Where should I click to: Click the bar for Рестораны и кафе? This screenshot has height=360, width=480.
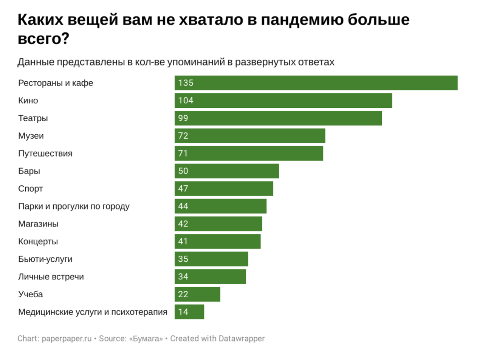pyautogui.click(x=316, y=83)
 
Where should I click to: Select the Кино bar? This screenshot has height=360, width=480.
pyautogui.click(x=283, y=101)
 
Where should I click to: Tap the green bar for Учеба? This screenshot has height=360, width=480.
pyautogui.click(x=197, y=294)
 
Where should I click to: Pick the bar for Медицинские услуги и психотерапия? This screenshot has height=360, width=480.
pyautogui.click(x=189, y=312)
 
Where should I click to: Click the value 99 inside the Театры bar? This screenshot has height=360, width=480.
pyautogui.click(x=183, y=118)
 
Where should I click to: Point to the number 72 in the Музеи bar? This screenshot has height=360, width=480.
pyautogui.click(x=183, y=136)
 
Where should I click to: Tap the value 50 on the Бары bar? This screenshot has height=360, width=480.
pyautogui.click(x=183, y=171)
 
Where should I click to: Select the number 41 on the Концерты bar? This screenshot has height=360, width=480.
pyautogui.click(x=183, y=241)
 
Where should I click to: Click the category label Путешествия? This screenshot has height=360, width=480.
pyautogui.click(x=45, y=154)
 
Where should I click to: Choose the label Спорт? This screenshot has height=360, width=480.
pyautogui.click(x=31, y=189)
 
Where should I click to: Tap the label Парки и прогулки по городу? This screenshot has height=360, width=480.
pyautogui.click(x=74, y=206)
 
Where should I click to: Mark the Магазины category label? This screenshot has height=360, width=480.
pyautogui.click(x=38, y=224)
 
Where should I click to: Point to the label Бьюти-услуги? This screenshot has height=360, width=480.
pyautogui.click(x=45, y=259)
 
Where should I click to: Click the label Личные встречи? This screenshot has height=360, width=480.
pyautogui.click(x=51, y=277)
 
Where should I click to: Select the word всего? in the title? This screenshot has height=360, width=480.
pyautogui.click(x=43, y=39)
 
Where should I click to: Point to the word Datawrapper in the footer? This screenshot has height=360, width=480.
pyautogui.click(x=242, y=338)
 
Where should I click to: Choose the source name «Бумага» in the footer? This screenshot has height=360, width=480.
pyautogui.click(x=146, y=338)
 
